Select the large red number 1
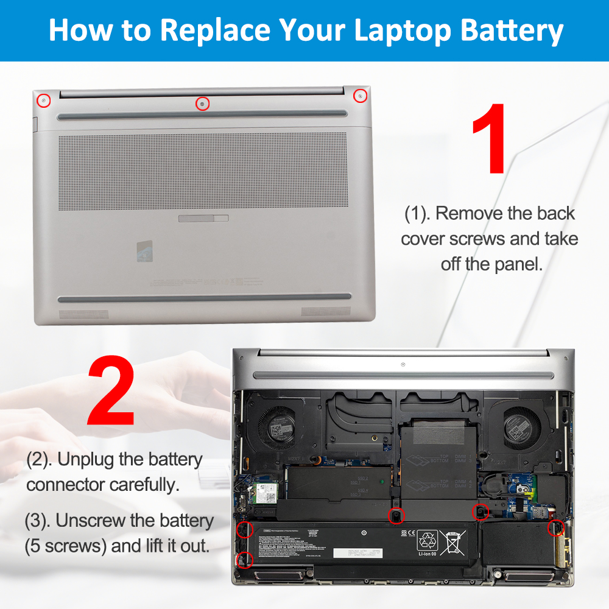(x=489, y=139)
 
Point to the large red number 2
(x=111, y=391)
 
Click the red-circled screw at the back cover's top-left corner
(x=44, y=99)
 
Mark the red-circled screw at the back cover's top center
(x=202, y=104)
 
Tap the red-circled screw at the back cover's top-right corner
(x=361, y=96)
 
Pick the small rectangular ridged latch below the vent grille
(x=203, y=218)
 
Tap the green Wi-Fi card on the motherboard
(x=264, y=491)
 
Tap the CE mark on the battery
(x=404, y=533)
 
